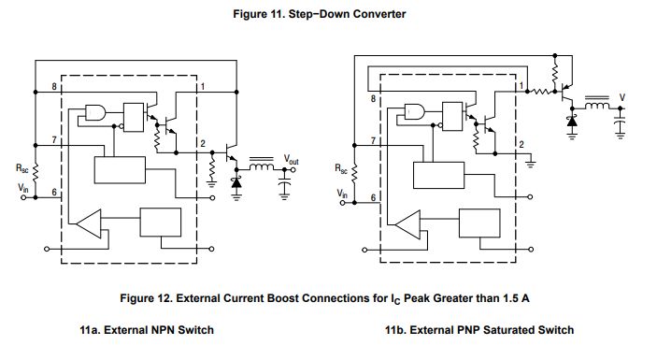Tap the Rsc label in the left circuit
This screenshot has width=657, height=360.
tap(22, 170)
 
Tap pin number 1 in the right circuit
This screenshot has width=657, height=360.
tap(520, 85)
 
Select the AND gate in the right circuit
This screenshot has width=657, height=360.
tap(414, 113)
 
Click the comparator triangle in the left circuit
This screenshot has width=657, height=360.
tap(90, 224)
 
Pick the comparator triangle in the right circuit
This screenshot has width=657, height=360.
tap(407, 224)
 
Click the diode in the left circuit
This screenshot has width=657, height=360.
tap(235, 181)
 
